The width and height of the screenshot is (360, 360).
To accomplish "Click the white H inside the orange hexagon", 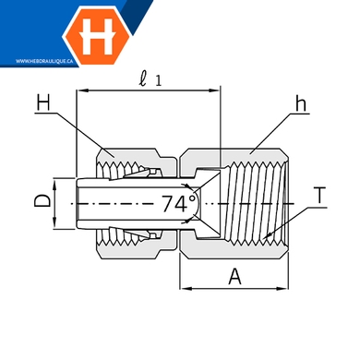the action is [98, 36].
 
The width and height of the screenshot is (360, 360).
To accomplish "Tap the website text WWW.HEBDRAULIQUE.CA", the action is [44, 61].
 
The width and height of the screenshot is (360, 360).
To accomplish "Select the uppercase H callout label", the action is [43, 102].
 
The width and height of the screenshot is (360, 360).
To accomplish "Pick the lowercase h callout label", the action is [301, 103].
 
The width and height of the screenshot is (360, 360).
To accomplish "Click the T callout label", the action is [320, 196].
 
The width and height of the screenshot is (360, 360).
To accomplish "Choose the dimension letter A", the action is [234, 276].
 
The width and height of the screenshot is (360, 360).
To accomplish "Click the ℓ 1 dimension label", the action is [150, 80].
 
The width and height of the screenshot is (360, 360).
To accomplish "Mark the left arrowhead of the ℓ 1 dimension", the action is [82, 90].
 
